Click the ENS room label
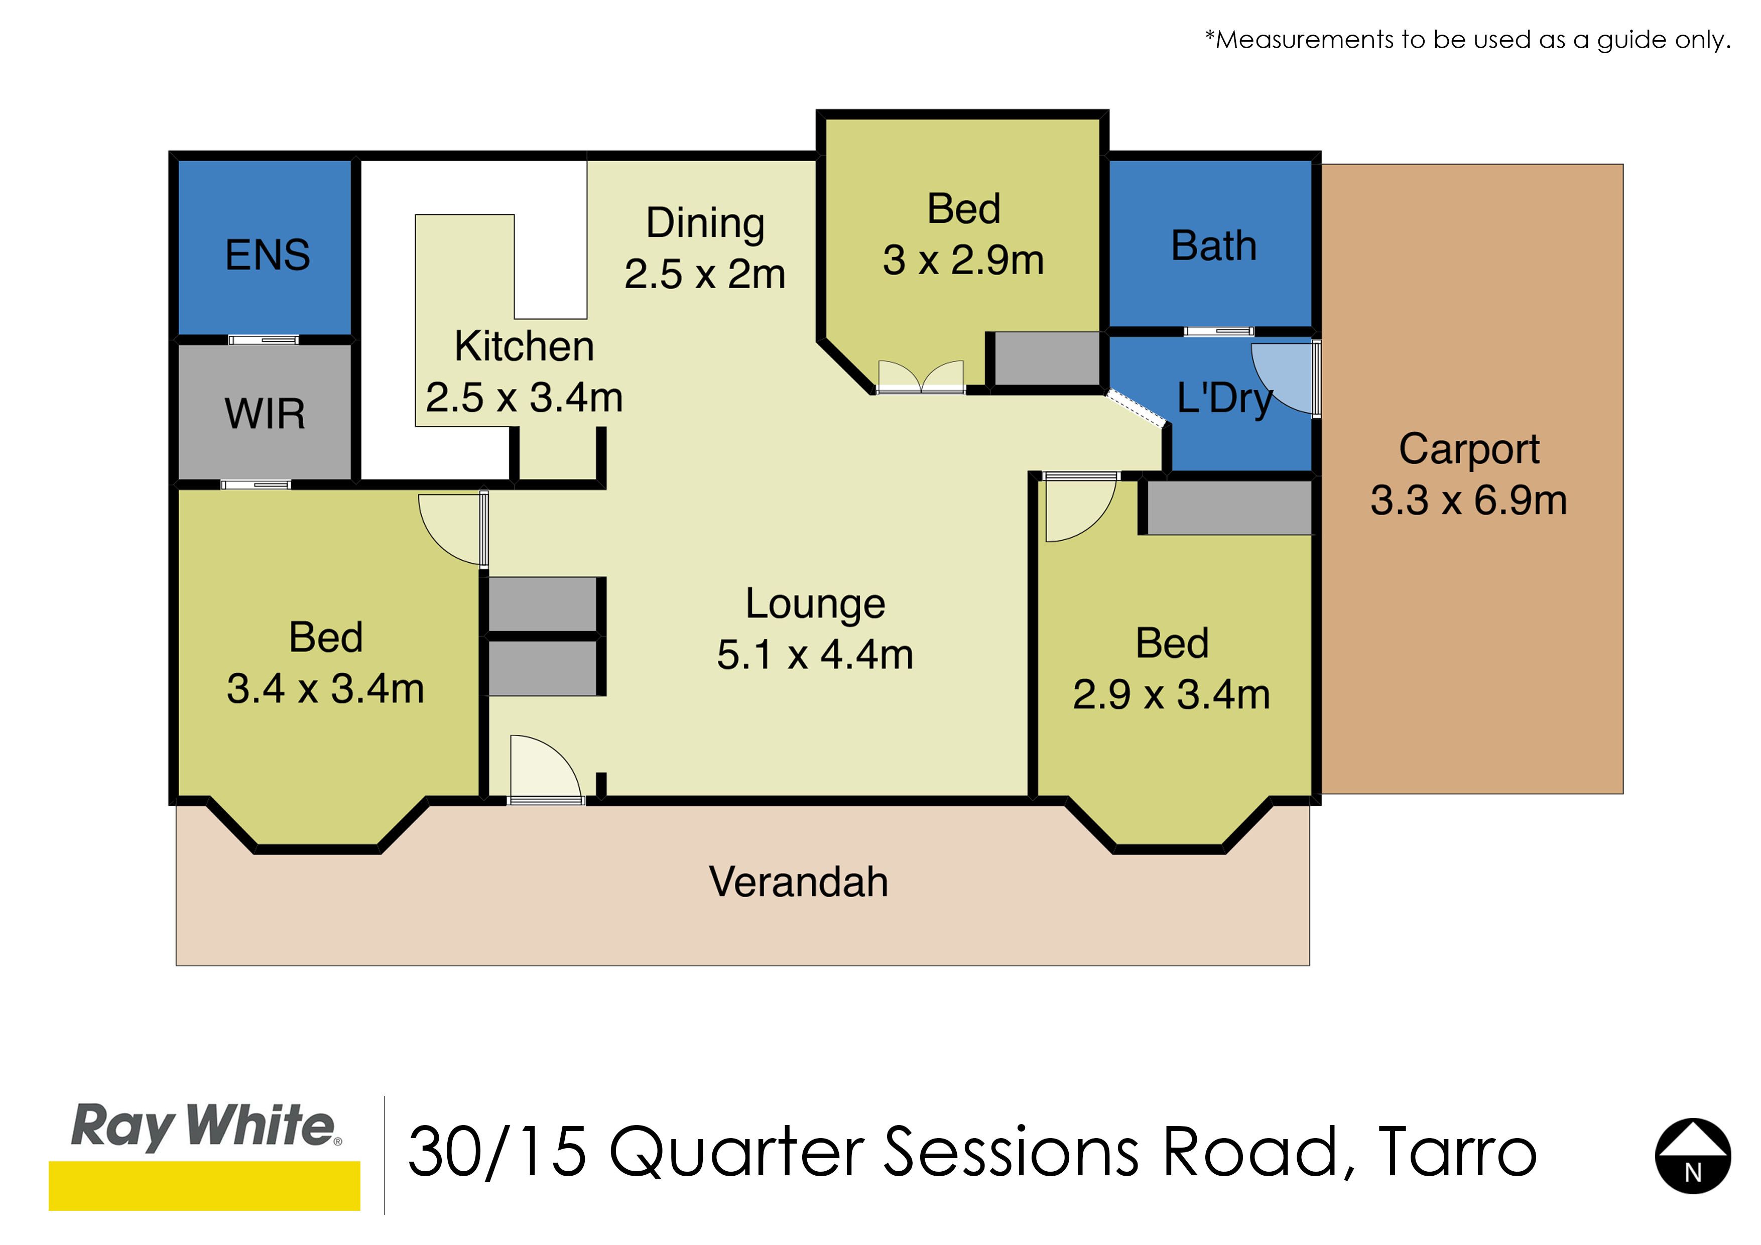coord(268,255)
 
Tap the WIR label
coord(265,414)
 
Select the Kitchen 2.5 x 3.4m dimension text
coord(525,398)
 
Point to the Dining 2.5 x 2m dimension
coord(705,274)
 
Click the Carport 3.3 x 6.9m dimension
coord(1469,500)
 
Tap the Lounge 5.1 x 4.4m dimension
coord(815,654)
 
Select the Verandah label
coord(799,882)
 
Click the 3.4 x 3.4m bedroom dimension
coord(325,688)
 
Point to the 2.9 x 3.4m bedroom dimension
coord(1171,694)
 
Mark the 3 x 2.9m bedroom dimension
coord(963,260)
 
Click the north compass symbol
coord(1693,1156)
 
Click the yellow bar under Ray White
coord(204,1186)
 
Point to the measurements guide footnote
coord(1468,39)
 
